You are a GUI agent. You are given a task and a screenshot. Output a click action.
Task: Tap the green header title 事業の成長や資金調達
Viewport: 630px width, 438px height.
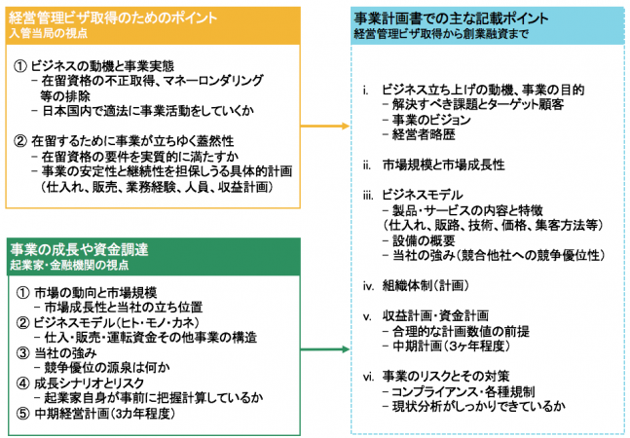(79, 250)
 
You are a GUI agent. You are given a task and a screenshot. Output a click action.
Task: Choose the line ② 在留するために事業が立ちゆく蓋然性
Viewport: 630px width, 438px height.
(128, 140)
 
